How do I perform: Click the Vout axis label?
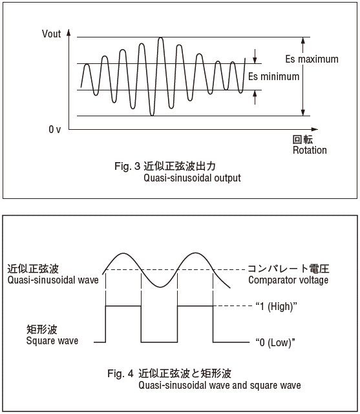click(x=51, y=34)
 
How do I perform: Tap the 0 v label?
click(x=55, y=129)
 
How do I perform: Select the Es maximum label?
click(x=312, y=59)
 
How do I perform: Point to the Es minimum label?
click(x=273, y=77)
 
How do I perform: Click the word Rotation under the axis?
click(x=310, y=150)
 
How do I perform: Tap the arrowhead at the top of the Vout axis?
click(x=69, y=32)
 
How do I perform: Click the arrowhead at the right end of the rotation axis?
click(x=315, y=129)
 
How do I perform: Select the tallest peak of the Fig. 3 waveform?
click(x=160, y=38)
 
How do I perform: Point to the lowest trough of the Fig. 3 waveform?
click(x=152, y=115)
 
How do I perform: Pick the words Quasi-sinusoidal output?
click(x=192, y=178)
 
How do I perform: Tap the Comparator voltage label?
click(x=288, y=280)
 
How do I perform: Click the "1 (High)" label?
click(x=276, y=307)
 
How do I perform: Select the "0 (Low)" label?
click(x=275, y=343)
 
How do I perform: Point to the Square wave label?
click(x=52, y=340)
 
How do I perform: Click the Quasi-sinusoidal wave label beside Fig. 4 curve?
click(x=53, y=280)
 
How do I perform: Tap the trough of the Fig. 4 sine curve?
click(x=160, y=287)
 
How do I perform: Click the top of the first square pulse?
click(x=123, y=306)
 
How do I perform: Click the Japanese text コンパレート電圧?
click(x=288, y=269)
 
